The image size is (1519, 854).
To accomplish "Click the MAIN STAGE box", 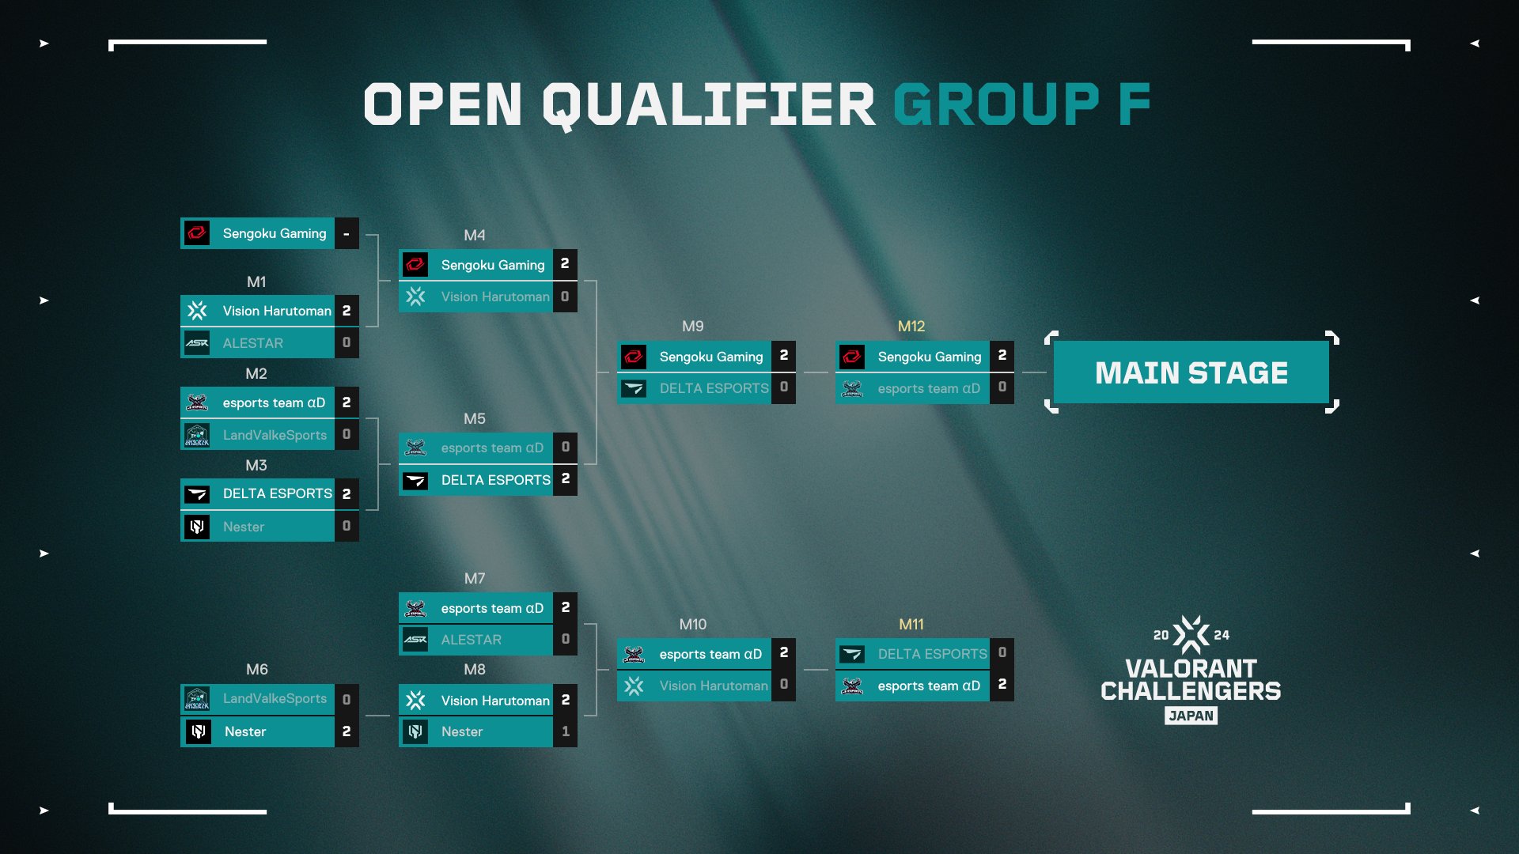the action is [x=1191, y=372].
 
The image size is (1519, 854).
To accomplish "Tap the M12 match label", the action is [x=911, y=327].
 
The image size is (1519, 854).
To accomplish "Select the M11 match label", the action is [x=911, y=625].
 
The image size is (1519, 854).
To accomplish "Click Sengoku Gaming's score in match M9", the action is [x=783, y=356].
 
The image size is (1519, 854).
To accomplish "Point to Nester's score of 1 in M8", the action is [x=565, y=731].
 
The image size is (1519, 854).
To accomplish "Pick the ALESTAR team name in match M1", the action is [x=253, y=343].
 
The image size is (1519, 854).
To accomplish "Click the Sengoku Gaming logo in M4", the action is [x=415, y=264].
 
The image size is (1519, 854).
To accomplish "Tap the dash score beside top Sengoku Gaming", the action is [x=347, y=233].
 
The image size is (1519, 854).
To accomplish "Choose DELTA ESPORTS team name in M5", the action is [x=495, y=480].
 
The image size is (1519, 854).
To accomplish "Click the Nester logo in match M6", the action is [x=198, y=731].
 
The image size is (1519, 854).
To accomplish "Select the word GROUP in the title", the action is [x=996, y=104].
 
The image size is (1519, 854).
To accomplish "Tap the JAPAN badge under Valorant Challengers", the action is [x=1191, y=716].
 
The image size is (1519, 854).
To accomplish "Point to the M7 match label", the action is [x=475, y=579].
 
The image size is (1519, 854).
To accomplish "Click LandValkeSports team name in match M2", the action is [x=275, y=435].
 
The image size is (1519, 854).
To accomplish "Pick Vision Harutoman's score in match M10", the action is [x=783, y=685].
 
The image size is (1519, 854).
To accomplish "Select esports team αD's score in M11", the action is [x=1002, y=685].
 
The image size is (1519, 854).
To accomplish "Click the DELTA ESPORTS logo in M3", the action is [x=197, y=494].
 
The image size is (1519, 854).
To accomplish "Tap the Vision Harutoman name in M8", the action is [x=495, y=701].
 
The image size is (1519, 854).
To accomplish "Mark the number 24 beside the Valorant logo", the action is [x=1222, y=635].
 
